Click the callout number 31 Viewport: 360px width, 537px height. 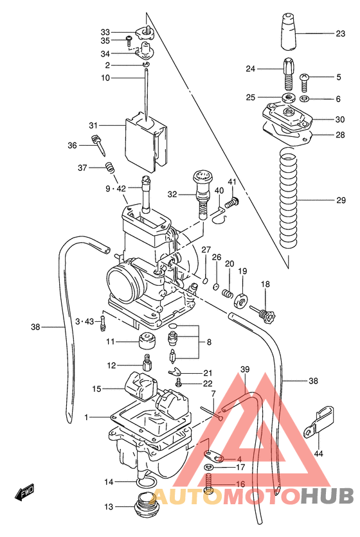coord(93,125)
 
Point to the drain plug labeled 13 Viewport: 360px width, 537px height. coord(145,505)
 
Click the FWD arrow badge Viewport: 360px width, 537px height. coord(24,493)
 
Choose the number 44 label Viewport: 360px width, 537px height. coord(319,453)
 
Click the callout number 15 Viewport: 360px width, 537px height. coord(96,389)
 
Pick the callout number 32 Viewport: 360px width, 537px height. coord(172,194)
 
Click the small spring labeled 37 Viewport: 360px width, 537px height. coord(110,168)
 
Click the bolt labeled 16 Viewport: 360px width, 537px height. coord(208,486)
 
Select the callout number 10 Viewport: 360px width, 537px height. coord(105,78)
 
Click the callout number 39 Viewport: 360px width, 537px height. coord(244,369)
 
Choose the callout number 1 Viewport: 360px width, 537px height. coord(86,417)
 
